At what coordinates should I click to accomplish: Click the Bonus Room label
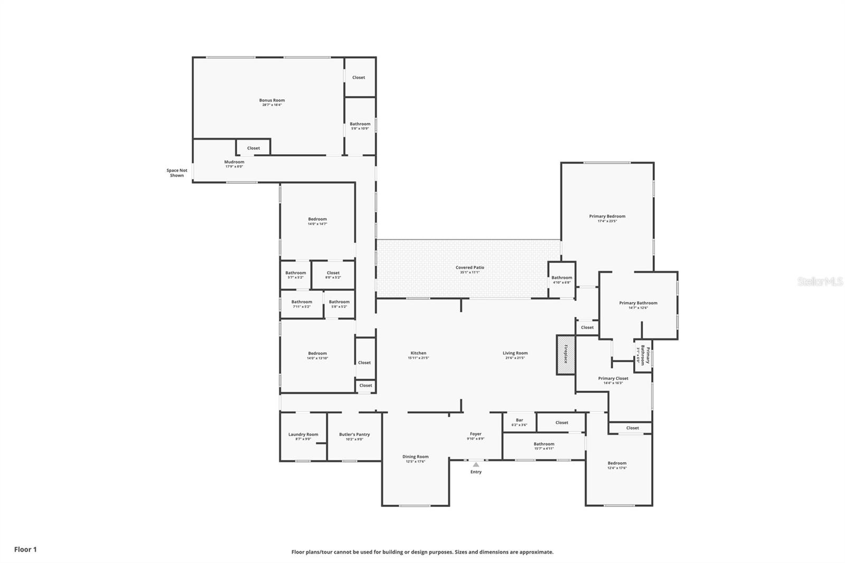(x=271, y=100)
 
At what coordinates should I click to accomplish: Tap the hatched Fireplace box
(x=566, y=354)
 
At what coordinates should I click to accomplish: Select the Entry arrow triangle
(x=476, y=465)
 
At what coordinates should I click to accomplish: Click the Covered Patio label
(x=470, y=268)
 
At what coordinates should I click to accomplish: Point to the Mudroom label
(x=234, y=162)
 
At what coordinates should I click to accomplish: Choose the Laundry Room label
(x=303, y=435)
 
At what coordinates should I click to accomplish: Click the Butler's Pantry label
(x=354, y=435)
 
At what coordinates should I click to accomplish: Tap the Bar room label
(x=519, y=420)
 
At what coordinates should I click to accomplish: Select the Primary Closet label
(x=613, y=379)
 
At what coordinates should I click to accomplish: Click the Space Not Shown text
(x=177, y=173)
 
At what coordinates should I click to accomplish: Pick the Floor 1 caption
(x=25, y=549)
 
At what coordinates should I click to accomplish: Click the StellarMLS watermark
(x=820, y=281)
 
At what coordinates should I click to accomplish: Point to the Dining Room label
(x=416, y=457)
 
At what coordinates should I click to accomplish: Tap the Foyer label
(x=475, y=434)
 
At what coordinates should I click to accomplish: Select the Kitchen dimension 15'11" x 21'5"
(x=418, y=358)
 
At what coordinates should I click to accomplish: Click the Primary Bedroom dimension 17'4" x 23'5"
(x=607, y=221)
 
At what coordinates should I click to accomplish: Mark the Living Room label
(x=515, y=353)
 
